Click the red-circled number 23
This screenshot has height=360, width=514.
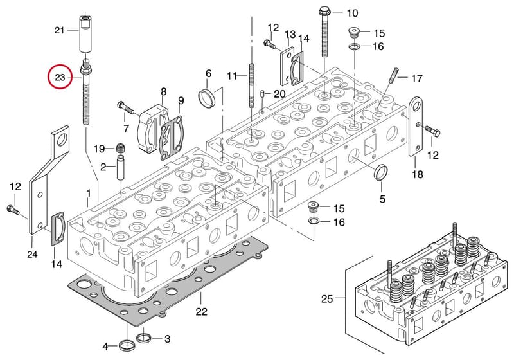click(60, 78)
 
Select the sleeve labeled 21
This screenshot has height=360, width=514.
click(85, 33)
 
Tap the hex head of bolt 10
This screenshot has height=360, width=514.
click(325, 11)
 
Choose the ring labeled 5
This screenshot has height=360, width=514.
click(381, 173)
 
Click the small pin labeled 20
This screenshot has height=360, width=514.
click(263, 93)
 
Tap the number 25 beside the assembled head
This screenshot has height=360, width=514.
click(327, 299)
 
